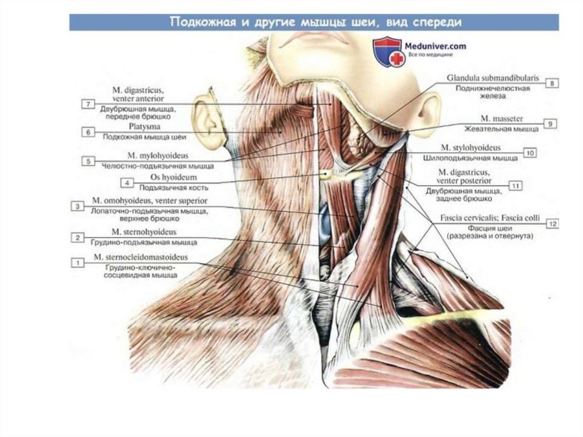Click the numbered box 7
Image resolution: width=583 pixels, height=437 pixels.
coord(87,104)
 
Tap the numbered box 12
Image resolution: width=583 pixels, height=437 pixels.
coord(552,224)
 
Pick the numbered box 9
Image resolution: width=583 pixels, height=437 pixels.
coord(550,123)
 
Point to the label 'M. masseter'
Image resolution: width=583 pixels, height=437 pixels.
coord(502,119)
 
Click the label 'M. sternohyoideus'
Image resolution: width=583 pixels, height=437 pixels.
coord(144,232)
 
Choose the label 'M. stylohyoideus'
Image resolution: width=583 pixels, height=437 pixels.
coord(486,148)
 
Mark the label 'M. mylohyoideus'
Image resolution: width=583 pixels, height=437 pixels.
coord(158,156)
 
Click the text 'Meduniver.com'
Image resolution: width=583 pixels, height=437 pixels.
coord(436,46)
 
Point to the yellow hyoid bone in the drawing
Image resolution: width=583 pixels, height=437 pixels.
coord(329,174)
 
